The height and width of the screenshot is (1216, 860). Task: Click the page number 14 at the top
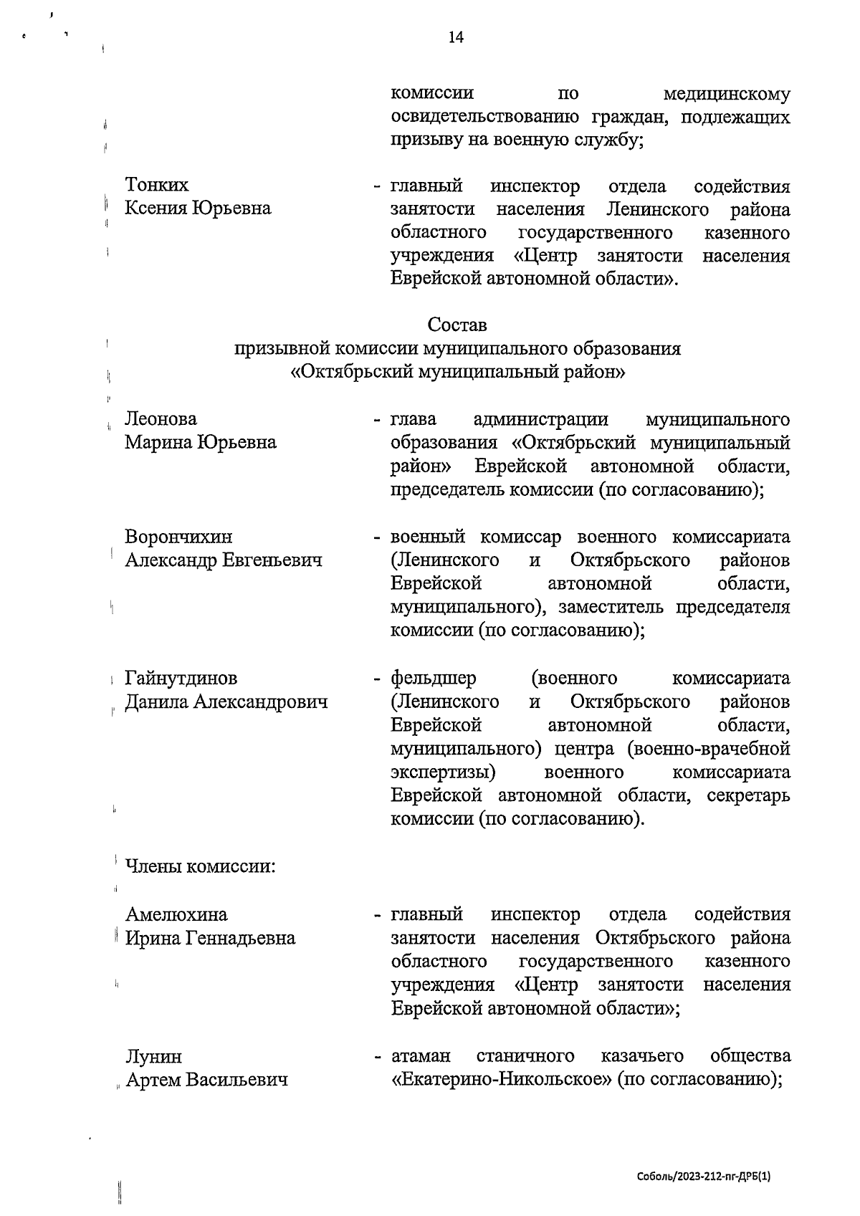pos(456,37)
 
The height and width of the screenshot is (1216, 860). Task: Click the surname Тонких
pos(157,185)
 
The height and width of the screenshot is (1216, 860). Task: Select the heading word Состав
pos(457,325)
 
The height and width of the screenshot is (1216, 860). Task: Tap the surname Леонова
pos(161,418)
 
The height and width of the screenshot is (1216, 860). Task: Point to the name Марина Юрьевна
pos(200,442)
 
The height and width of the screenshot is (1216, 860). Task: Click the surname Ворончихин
pos(178,537)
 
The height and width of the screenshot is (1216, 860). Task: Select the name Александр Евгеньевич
pos(223,560)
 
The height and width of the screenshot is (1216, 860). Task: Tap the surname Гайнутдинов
pos(181,678)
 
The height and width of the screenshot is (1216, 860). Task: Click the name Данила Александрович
pos(226,702)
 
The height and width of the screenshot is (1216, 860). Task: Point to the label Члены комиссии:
pos(200,866)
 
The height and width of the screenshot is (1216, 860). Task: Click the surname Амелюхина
pos(176,914)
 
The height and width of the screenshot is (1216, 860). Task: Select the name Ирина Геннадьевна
pos(210,938)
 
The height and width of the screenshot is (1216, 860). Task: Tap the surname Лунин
pos(153,1056)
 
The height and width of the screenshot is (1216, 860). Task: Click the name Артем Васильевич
pos(206,1080)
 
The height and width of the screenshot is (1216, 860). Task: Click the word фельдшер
pos(433,678)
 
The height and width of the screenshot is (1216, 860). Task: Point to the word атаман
pos(421,1056)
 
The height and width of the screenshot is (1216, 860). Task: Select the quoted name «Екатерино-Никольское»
pos(499,1080)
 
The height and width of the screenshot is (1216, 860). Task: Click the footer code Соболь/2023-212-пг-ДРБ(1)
pos(703,1177)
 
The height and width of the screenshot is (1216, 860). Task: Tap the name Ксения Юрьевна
pos(198,209)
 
